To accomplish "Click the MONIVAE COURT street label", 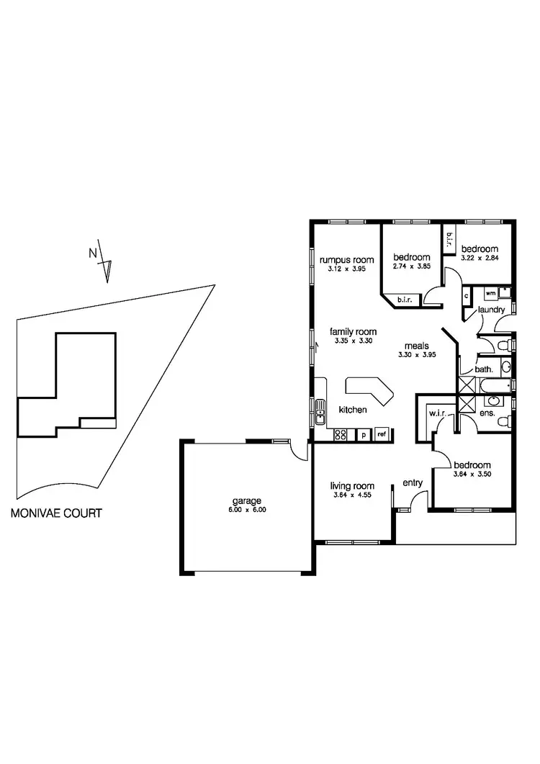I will point(55,514).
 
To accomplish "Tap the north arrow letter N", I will point(92,253).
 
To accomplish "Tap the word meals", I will point(416,345).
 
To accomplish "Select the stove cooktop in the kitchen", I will point(341,434).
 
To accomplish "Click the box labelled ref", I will point(382,434).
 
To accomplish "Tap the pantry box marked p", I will point(364,434).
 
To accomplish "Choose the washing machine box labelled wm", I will point(490,293).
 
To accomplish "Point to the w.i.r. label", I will point(436,413).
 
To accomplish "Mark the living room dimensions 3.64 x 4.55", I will point(351,495).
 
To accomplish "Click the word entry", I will point(413,483).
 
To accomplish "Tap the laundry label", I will point(490,310).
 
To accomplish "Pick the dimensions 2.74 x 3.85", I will point(412,267).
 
